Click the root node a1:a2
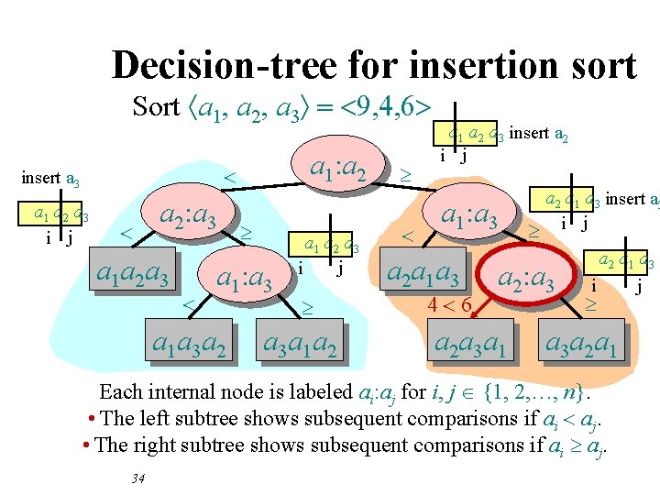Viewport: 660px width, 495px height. (x=339, y=168)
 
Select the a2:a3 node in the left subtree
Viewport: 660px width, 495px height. (x=188, y=217)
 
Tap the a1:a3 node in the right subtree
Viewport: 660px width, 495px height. (x=469, y=217)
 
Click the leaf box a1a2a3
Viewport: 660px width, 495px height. (x=133, y=274)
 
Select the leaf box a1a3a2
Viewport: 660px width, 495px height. (x=190, y=345)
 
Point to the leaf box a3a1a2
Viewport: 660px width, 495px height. (x=300, y=345)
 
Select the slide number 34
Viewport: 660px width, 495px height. (x=139, y=478)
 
